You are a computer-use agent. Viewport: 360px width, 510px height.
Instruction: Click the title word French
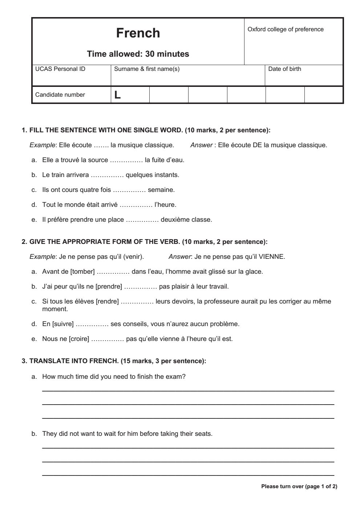138,33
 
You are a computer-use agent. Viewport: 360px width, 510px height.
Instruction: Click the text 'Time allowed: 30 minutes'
138,54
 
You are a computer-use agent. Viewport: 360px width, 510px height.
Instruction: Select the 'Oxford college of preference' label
286,29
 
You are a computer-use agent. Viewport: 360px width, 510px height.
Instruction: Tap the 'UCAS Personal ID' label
60,69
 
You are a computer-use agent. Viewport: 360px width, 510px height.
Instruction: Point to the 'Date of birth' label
284,69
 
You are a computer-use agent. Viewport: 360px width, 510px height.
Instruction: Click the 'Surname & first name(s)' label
147,69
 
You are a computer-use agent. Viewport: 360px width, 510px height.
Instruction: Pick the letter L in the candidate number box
117,95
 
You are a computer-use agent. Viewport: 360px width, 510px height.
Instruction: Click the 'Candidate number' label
60,95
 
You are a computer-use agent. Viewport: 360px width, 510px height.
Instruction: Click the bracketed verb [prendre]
109,286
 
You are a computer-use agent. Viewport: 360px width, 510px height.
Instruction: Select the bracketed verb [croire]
79,339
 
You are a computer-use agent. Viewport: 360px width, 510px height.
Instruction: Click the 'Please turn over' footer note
299,486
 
